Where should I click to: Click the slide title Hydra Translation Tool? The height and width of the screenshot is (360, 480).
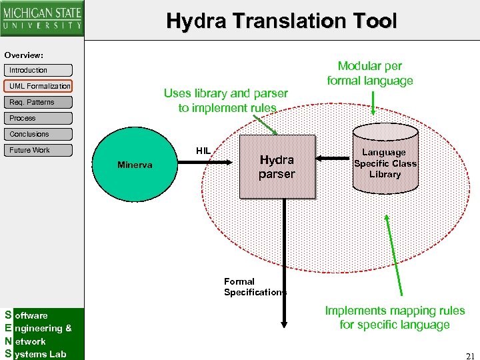tap(281, 21)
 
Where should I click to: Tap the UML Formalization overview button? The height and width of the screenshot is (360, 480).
tap(39, 86)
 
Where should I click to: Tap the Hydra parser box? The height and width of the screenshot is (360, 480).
tap(277, 167)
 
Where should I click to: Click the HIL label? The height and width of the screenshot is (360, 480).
tap(203, 151)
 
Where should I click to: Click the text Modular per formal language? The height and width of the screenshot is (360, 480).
tap(369, 73)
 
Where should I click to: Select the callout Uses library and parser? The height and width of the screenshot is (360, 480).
tap(226, 101)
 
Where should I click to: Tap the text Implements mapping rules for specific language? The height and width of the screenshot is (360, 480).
tap(395, 317)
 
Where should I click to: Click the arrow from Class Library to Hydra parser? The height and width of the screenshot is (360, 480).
tap(335, 158)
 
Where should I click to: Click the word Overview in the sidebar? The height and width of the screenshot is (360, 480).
tap(23, 55)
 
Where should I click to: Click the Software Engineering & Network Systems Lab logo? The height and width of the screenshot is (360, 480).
tap(42, 334)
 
